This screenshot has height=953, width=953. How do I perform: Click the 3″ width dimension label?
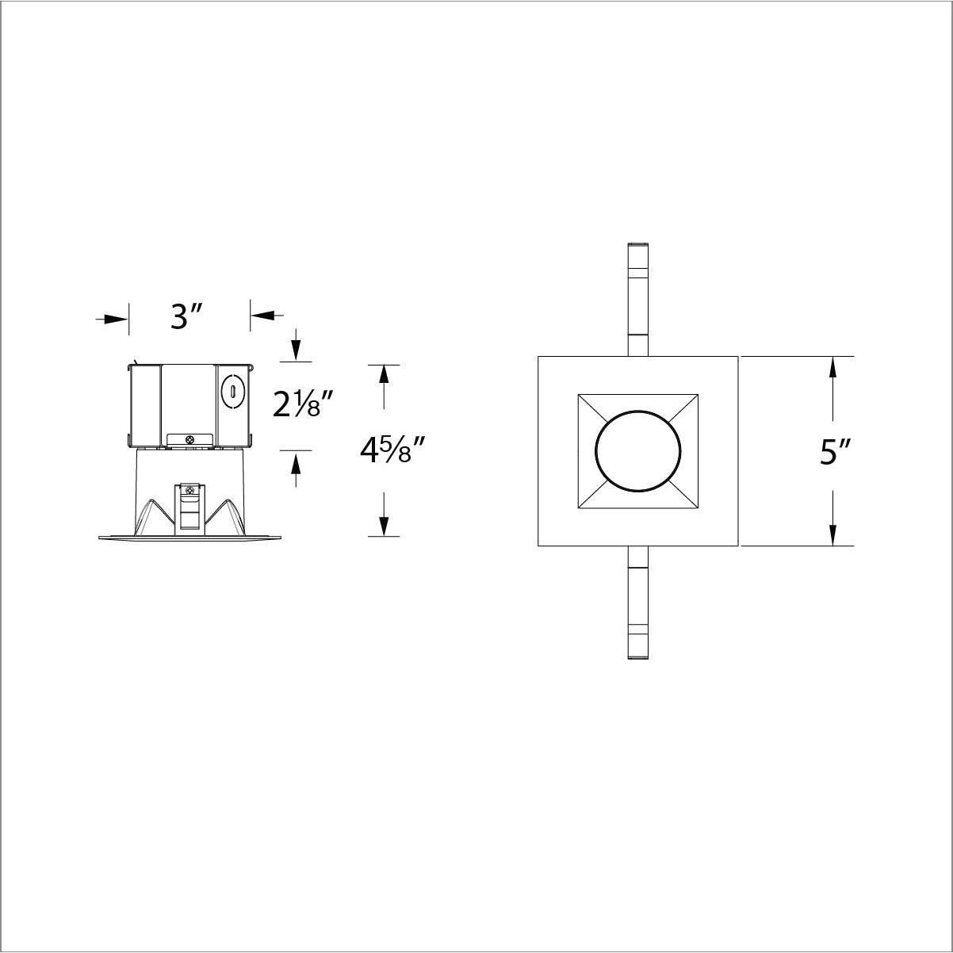pyautogui.click(x=188, y=317)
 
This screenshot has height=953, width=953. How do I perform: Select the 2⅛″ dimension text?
pyautogui.click(x=299, y=404)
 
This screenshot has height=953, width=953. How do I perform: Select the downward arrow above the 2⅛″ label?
pyautogui.click(x=296, y=350)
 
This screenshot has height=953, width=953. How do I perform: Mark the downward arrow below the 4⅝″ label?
pyautogui.click(x=384, y=525)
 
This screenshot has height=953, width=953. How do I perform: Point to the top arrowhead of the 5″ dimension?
pyautogui.click(x=832, y=369)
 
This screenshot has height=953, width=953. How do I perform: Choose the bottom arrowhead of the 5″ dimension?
pyautogui.click(x=832, y=534)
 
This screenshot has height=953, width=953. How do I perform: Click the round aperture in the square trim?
pyautogui.click(x=637, y=451)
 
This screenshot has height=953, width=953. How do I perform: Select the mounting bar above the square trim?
pyautogui.click(x=637, y=298)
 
